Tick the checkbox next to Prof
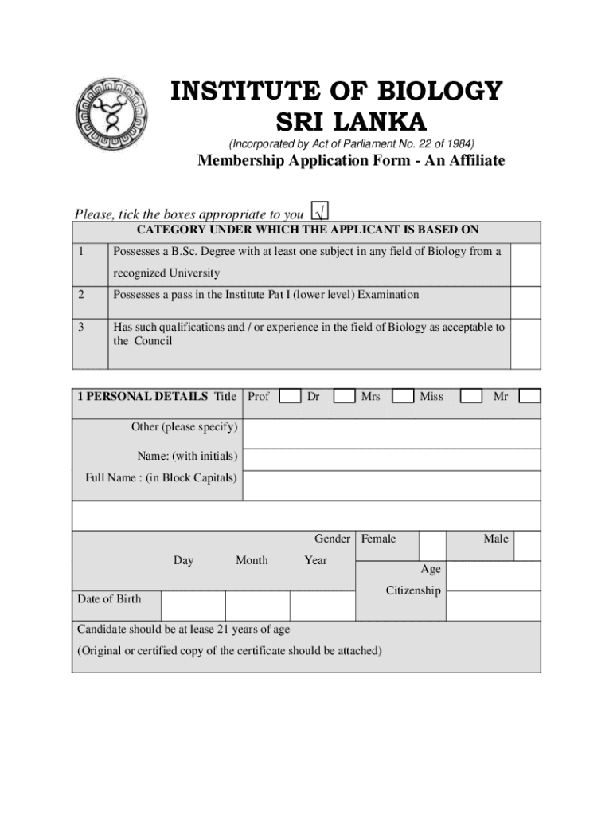click(291, 396)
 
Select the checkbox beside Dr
click(344, 396)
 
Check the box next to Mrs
click(404, 396)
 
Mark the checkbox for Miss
click(472, 396)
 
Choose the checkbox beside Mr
click(529, 396)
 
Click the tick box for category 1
click(525, 265)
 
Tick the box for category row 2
click(525, 302)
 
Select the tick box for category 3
click(525, 343)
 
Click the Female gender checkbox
click(433, 546)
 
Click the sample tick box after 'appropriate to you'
click(320, 212)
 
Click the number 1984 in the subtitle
click(459, 144)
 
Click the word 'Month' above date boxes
click(252, 560)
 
